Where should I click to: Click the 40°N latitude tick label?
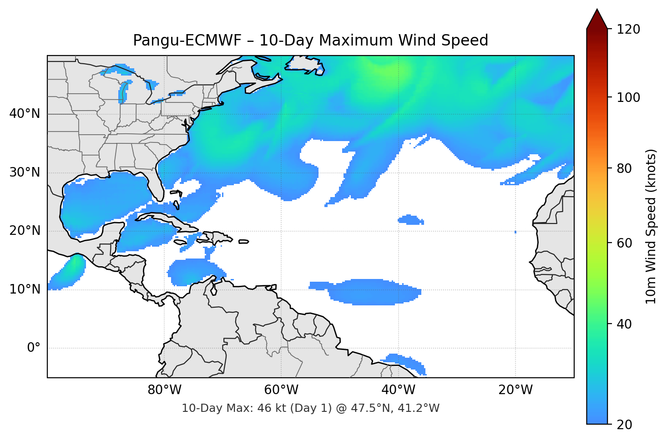25,114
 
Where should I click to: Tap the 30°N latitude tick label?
25,172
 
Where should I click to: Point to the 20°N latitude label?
25,231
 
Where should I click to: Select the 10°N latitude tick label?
25,289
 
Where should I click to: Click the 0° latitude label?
33,348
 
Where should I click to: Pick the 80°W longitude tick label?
164,390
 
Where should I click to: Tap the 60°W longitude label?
281,390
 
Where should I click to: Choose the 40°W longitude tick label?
398,390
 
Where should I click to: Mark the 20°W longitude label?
515,390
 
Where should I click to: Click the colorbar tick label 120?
628,30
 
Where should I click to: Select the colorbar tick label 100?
628,97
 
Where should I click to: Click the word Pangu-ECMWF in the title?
187,41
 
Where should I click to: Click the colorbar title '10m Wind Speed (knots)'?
651,226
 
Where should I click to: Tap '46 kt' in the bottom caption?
271,408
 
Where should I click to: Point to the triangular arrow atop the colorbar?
597,20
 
